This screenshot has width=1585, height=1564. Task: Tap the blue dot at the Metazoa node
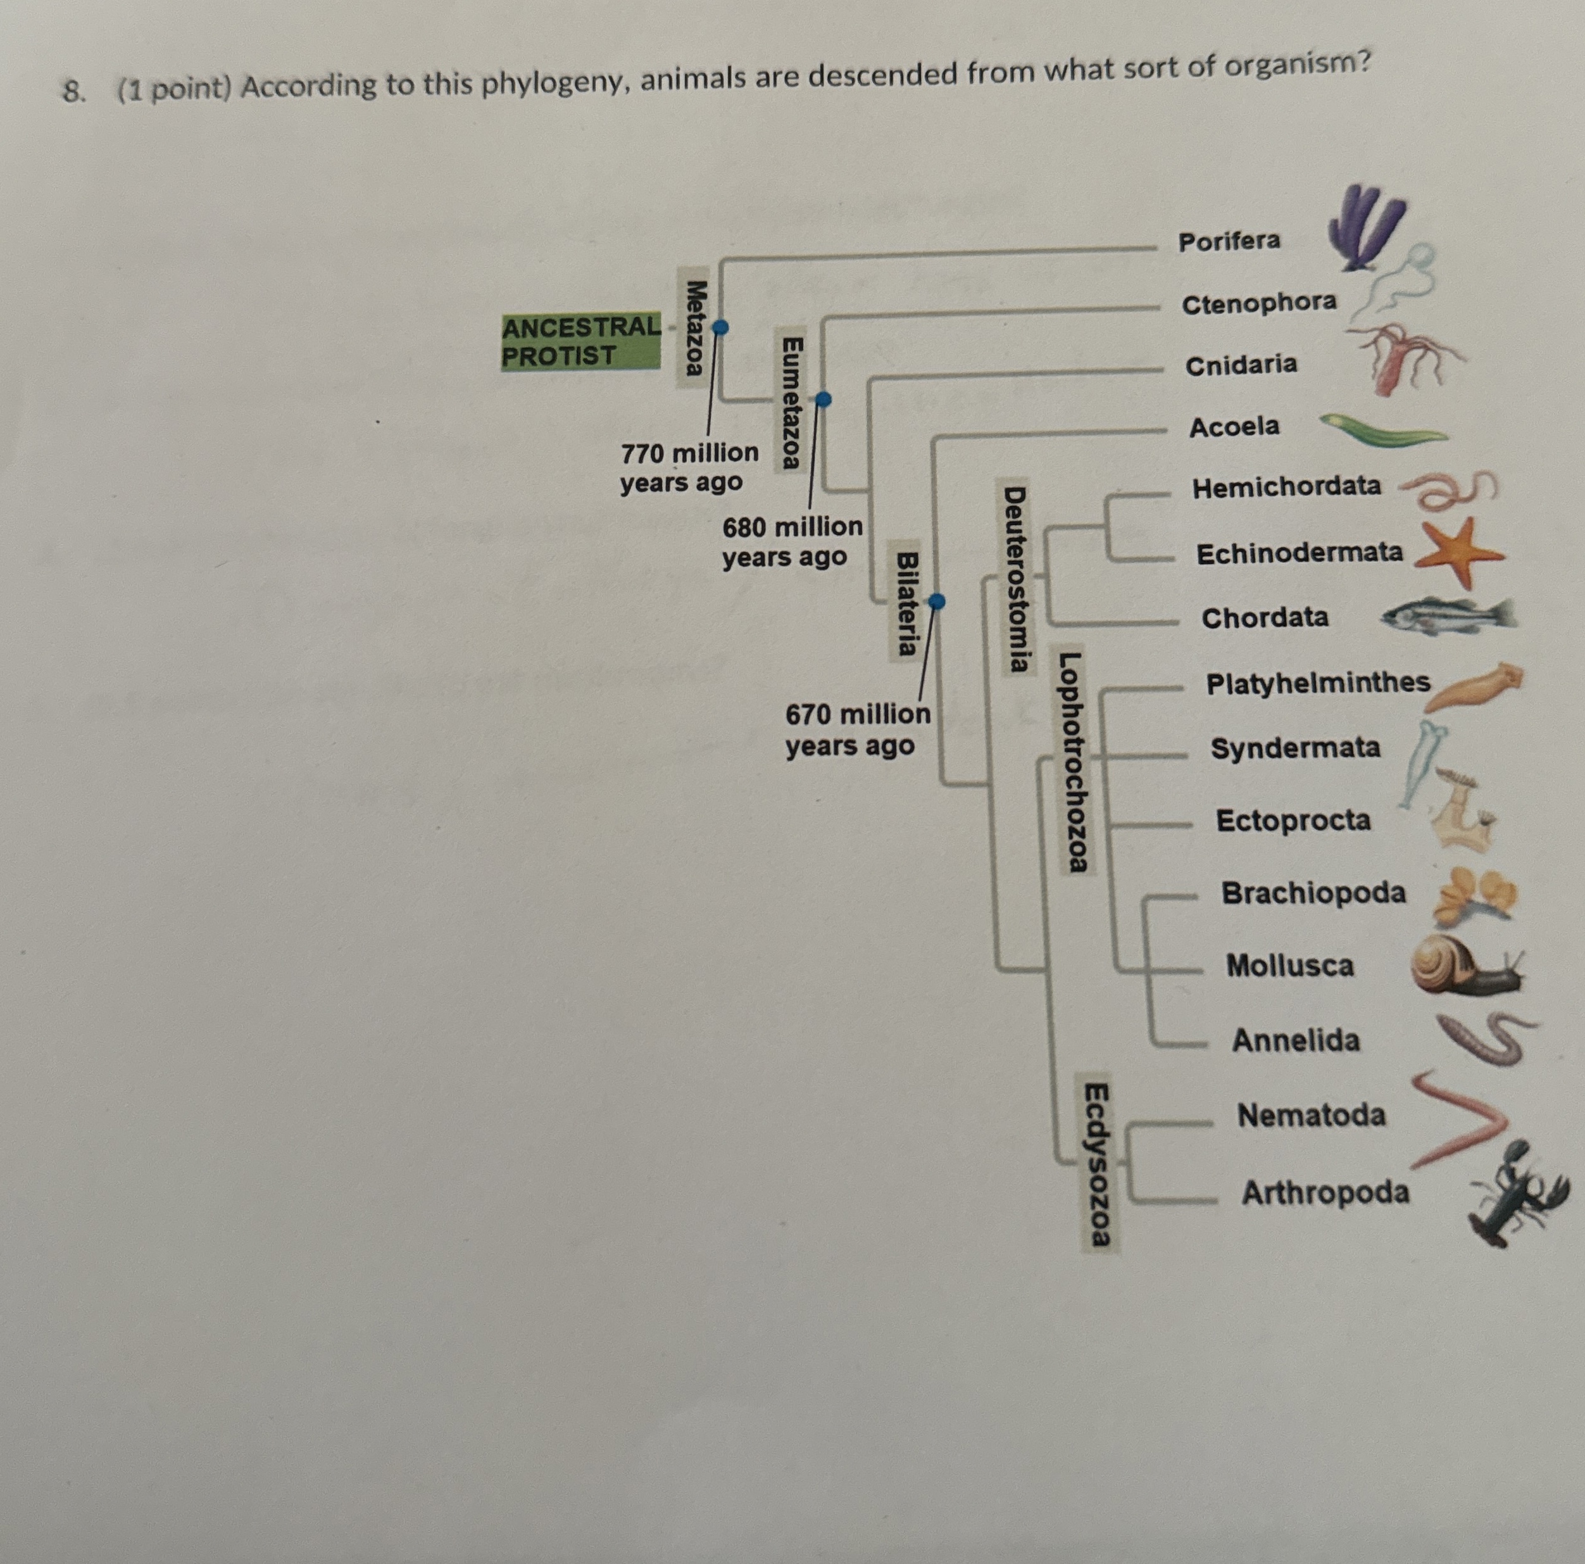pyautogui.click(x=720, y=327)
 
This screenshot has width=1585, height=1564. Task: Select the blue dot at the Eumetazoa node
pyautogui.click(x=824, y=400)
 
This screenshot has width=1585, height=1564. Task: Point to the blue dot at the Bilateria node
pyautogui.click(x=937, y=602)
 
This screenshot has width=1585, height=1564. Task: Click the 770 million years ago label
pyautogui.click(x=689, y=467)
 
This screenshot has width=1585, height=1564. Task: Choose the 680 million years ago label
pyautogui.click(x=792, y=541)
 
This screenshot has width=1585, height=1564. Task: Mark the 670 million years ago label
pyautogui.click(x=857, y=729)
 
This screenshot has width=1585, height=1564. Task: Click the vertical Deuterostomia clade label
pyautogui.click(x=1017, y=579)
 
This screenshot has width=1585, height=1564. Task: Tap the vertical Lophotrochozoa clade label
pyautogui.click(x=1072, y=762)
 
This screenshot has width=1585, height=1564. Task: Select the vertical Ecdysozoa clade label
pyautogui.click(x=1097, y=1164)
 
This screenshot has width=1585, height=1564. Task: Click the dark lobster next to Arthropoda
pyautogui.click(x=1517, y=1194)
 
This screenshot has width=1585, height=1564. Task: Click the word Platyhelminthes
pyautogui.click(x=1317, y=683)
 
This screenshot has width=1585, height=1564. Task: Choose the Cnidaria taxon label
pyautogui.click(x=1241, y=364)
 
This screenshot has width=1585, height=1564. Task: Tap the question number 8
pyautogui.click(x=74, y=92)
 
